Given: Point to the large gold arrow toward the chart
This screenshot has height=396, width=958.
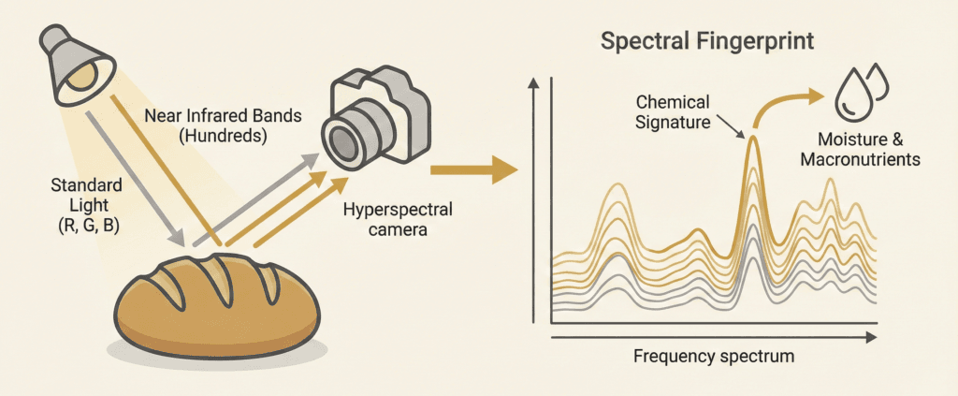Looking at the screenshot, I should click(x=473, y=169).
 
